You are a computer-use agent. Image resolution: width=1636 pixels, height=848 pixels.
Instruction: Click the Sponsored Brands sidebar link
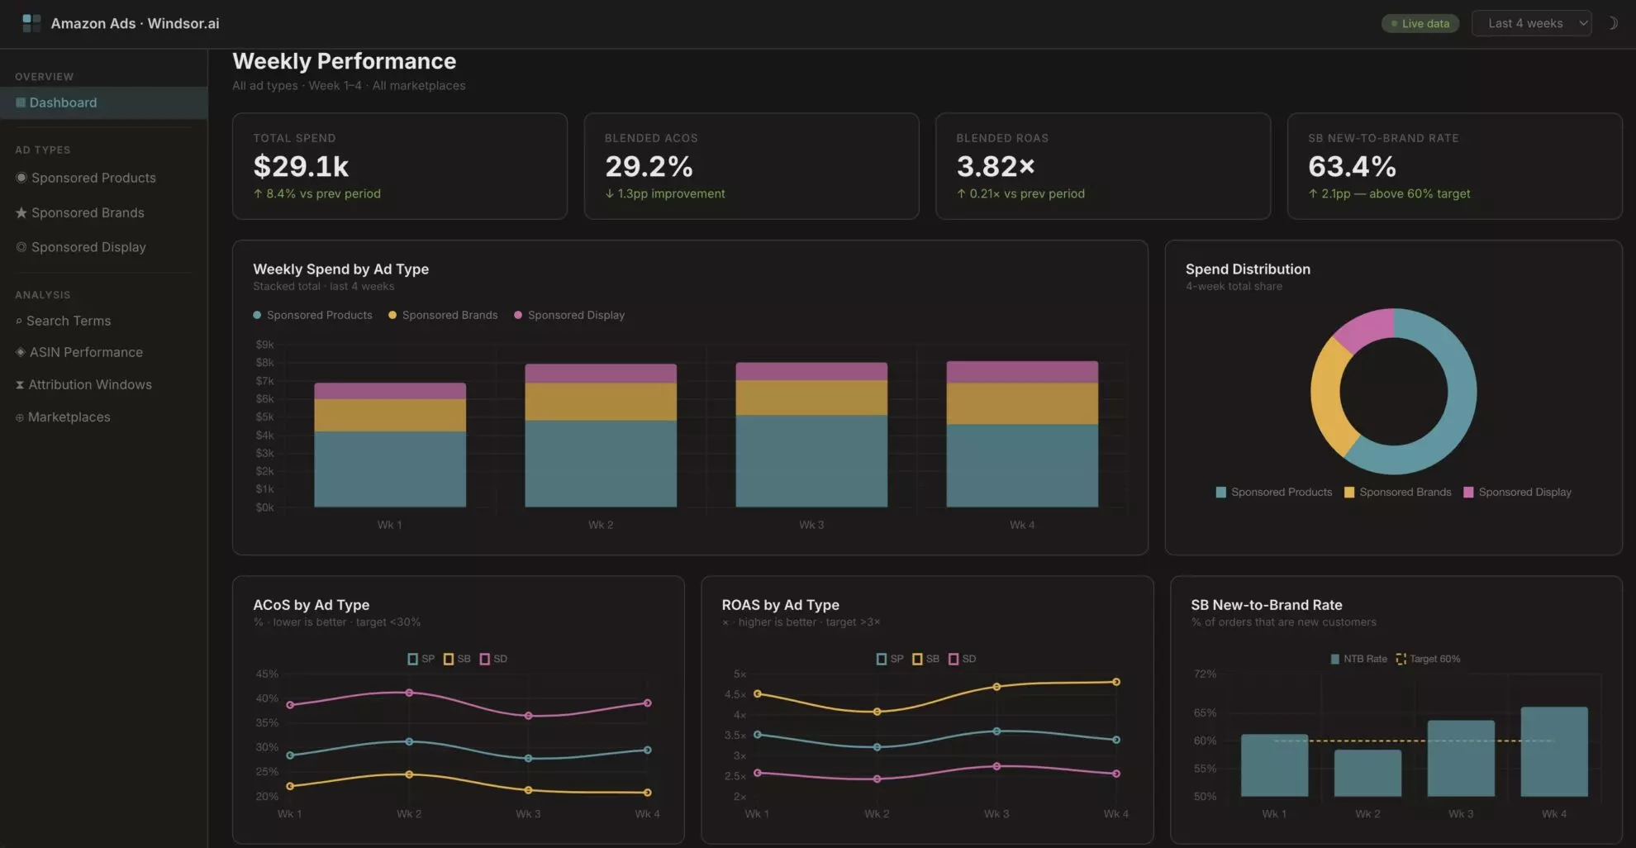point(80,212)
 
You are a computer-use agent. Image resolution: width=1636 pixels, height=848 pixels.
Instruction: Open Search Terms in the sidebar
point(63,321)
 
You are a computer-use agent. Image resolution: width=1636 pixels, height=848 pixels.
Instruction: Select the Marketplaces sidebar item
point(63,417)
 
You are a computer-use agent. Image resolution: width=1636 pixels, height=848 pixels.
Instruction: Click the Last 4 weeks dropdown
point(1531,23)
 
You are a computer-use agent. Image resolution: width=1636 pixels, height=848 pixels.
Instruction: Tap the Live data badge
point(1420,23)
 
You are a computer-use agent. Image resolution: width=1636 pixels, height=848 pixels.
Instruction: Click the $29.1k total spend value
point(301,166)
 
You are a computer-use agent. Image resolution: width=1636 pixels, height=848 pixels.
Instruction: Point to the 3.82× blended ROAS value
point(996,166)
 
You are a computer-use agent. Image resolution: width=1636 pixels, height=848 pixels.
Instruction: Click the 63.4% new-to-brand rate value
point(1352,166)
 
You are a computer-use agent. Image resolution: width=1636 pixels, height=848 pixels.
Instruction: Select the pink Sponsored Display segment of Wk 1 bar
point(390,391)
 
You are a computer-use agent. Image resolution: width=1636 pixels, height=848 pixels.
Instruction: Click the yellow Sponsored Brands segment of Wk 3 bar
point(811,398)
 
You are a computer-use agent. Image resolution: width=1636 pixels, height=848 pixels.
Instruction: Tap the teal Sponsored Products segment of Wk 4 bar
point(1022,465)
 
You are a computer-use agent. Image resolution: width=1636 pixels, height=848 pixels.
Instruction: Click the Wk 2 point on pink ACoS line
point(409,693)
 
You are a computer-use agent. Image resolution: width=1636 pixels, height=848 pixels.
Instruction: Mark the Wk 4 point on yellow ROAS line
point(1116,682)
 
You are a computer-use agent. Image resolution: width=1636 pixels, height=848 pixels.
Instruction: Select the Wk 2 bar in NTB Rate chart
point(1367,773)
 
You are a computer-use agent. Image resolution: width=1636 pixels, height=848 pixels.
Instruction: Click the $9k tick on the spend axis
point(264,345)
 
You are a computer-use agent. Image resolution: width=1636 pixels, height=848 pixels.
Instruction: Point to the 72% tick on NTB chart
point(1205,674)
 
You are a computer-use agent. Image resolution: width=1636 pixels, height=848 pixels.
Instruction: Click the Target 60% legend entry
point(1428,659)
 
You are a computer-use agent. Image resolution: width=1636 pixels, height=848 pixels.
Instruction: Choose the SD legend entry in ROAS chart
point(963,659)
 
